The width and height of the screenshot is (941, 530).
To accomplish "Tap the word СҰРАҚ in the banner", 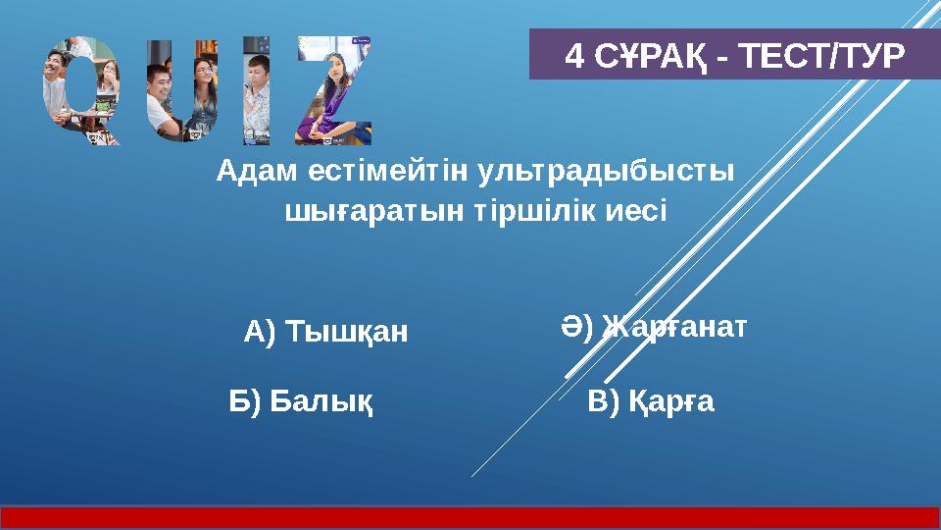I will click(x=648, y=56).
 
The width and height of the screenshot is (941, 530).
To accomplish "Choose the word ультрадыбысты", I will click(x=606, y=171).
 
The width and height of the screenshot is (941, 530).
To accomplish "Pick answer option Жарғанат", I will click(x=675, y=326).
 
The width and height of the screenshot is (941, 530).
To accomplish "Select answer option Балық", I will click(x=322, y=400).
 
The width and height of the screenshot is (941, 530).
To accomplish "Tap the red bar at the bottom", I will click(x=470, y=517).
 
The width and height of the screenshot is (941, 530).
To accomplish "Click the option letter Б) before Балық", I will click(x=245, y=400).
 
